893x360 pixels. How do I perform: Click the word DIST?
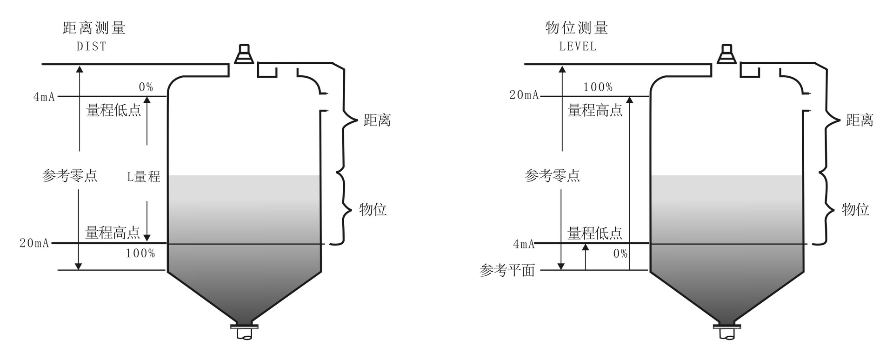pos(92,47)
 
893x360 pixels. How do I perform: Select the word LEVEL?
pos(578,47)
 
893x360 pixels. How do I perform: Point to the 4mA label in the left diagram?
pos(44,97)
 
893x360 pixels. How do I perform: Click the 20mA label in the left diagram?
pos(34,243)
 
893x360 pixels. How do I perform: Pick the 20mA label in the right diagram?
pos(524,95)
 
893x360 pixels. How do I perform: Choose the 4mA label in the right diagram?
pos(524,244)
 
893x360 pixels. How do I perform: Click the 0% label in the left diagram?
pos(146,87)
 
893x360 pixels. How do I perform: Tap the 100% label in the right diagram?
pos(598,87)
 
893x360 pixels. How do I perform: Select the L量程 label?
pos(144,177)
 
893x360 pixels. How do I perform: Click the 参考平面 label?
pos(507,270)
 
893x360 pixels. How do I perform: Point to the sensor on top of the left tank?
pos(244,54)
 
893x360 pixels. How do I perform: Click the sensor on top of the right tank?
pos(726,54)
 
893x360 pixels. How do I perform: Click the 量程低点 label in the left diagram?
pos(113,111)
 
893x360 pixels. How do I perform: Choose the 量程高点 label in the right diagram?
pos(595,110)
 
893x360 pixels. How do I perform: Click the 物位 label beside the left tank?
pos(373,209)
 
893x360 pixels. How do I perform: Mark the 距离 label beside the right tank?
pos(860,120)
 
